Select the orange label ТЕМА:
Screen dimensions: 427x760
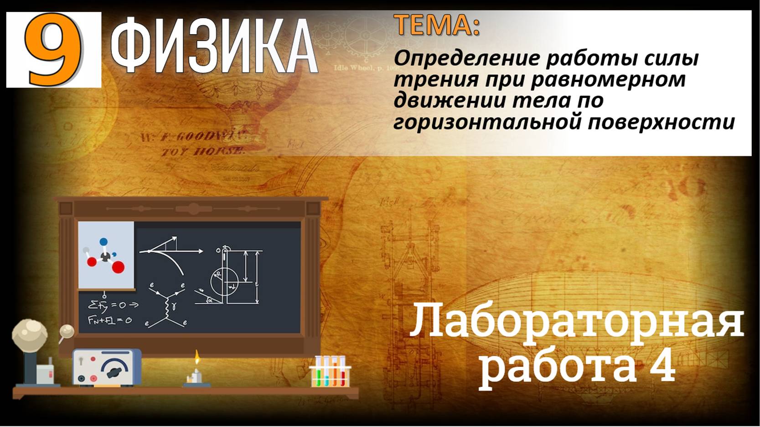(436, 25)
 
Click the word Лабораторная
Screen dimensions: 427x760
(577, 322)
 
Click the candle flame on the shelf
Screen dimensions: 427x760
(197, 357)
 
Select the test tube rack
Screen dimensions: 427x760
(331, 371)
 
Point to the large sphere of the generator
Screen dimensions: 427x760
(30, 335)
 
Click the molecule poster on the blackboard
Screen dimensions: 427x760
(106, 255)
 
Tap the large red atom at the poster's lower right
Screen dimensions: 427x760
(119, 267)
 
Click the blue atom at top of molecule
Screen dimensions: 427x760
(103, 242)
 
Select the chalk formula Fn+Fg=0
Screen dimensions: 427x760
(110, 320)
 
